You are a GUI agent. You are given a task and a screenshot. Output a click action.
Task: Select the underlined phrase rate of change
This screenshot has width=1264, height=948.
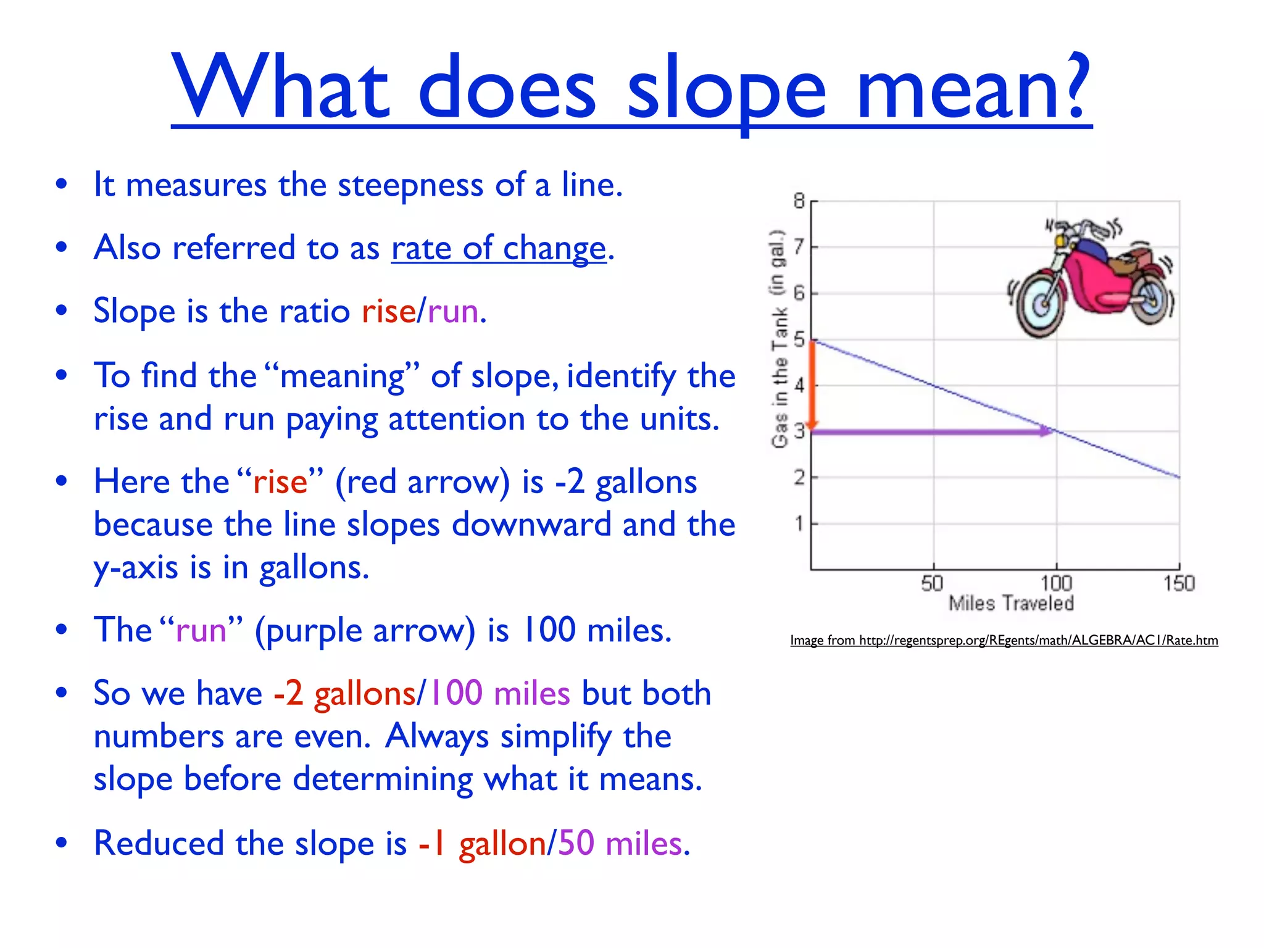coord(499,249)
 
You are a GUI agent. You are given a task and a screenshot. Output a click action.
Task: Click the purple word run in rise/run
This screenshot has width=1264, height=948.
coord(452,311)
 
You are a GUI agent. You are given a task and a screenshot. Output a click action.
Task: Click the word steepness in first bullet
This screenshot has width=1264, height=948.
coord(410,185)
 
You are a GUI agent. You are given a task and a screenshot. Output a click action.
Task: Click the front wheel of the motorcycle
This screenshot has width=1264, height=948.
coord(1041,303)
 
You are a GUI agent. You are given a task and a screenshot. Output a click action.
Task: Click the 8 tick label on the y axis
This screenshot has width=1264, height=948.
coord(799,201)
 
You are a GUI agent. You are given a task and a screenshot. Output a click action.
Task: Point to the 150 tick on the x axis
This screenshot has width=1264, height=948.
coord(1179,583)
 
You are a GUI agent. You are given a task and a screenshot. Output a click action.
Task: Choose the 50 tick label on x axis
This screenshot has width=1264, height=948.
coord(932,583)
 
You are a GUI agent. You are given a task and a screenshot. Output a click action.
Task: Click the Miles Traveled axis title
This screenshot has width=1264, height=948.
coord(1011,603)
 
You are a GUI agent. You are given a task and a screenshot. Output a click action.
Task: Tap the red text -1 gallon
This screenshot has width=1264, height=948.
coord(481,844)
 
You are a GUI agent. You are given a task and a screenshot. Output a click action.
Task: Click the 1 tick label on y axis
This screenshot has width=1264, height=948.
coord(799,523)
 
